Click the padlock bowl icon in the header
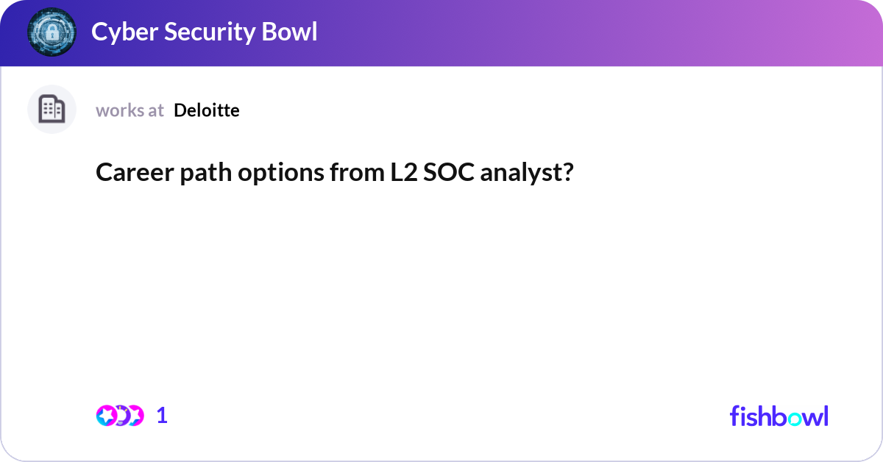coord(52,32)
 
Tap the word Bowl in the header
coord(292,32)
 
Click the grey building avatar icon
coord(52,110)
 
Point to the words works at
coord(130,110)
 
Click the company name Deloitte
coord(207,110)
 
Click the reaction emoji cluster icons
coord(119,416)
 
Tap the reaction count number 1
coord(162,416)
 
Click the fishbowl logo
coord(779,416)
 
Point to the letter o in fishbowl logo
coord(798,417)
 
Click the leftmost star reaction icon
coord(106,416)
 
